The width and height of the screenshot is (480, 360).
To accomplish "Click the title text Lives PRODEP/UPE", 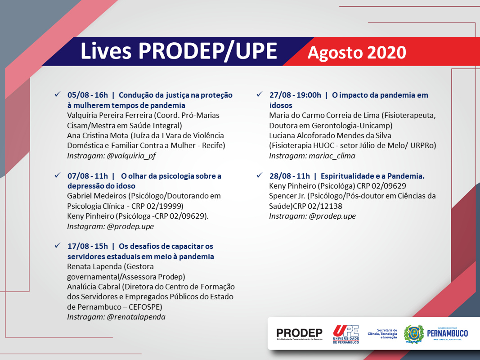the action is point(179,51).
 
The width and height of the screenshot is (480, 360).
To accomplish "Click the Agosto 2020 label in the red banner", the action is point(357,52).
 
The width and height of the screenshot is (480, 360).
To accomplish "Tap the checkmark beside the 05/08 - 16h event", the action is point(58,94).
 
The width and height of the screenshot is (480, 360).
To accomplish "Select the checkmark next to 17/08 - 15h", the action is point(58,246).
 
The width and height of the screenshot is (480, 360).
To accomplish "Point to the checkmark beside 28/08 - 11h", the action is point(260,175).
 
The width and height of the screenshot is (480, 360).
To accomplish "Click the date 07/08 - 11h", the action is point(88,176).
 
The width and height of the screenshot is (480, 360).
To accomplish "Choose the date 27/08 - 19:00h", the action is point(295,95).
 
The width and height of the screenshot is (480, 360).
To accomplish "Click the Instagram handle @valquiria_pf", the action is point(131,156).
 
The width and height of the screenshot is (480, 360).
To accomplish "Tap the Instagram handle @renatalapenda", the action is point(136,317).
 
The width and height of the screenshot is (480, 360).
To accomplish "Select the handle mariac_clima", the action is point(332,156).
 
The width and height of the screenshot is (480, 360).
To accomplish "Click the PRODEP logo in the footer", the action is point(300,334).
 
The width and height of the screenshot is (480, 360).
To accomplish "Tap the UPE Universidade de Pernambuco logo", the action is point(346,334).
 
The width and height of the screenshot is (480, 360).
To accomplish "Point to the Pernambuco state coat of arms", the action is point(413,334).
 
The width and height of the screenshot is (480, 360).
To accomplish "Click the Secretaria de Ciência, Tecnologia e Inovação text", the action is point(382,333).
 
